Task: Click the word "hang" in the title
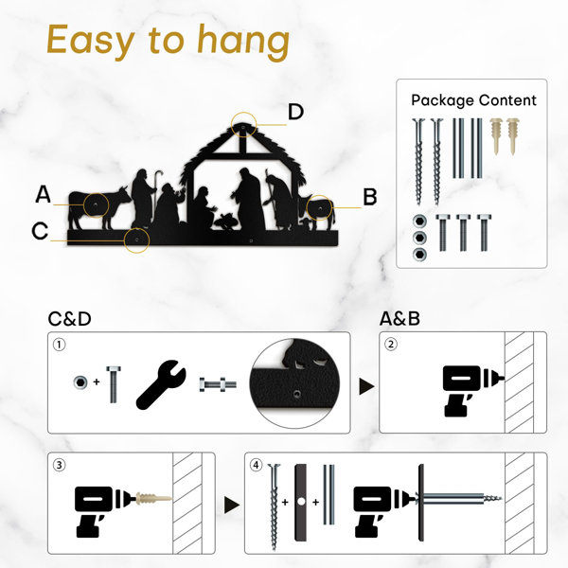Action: (x=243, y=42)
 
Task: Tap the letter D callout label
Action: (x=295, y=112)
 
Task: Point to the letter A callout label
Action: (x=44, y=194)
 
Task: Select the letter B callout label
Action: (x=370, y=198)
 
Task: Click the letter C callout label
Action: (x=40, y=231)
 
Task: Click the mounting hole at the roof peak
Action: (x=243, y=127)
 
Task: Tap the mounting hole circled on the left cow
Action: (x=96, y=205)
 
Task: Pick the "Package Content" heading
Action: (x=473, y=100)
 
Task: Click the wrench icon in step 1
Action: (x=161, y=384)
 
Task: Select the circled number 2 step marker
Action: (x=390, y=344)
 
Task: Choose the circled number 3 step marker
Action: (x=60, y=465)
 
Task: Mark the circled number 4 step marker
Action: (x=257, y=465)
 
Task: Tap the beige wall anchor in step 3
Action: (x=152, y=499)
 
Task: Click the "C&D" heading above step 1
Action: (x=69, y=319)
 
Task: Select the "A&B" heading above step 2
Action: (x=399, y=319)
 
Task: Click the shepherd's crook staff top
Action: (x=159, y=173)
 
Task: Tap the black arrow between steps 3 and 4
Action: (x=232, y=505)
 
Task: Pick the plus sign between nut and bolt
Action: (x=97, y=382)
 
